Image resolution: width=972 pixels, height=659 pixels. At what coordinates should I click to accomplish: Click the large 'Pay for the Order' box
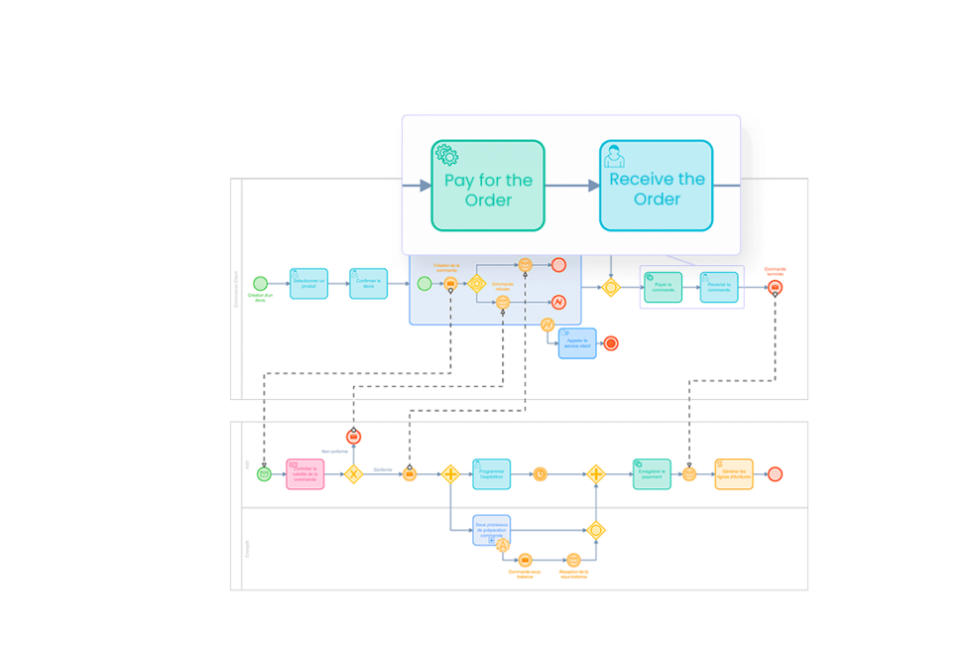click(487, 186)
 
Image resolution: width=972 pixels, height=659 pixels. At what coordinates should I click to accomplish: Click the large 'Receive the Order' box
click(656, 186)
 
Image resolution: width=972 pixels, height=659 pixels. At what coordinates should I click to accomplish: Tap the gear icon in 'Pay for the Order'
click(446, 155)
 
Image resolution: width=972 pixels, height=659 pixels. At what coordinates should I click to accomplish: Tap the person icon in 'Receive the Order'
click(615, 156)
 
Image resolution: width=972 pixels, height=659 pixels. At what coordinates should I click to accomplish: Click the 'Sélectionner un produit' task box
click(308, 284)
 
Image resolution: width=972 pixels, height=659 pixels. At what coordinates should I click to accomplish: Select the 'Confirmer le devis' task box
click(368, 284)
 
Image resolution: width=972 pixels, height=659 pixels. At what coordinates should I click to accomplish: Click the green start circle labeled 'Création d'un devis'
click(261, 284)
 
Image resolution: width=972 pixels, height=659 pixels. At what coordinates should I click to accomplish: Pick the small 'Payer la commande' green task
click(663, 287)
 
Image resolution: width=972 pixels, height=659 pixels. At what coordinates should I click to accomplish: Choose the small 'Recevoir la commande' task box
click(719, 287)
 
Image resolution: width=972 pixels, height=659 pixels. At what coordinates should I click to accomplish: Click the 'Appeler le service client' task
click(577, 343)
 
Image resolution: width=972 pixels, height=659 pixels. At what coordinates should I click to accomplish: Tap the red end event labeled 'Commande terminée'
click(776, 288)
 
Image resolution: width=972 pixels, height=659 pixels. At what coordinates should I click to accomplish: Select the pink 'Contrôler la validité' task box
click(305, 474)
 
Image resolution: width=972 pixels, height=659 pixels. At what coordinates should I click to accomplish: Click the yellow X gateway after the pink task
click(353, 474)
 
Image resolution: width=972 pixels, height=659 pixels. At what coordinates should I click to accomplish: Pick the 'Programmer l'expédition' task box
click(492, 474)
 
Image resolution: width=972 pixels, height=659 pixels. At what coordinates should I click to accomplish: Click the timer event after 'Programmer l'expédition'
click(540, 474)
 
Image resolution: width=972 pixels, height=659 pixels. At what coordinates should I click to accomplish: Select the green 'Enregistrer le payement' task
click(652, 474)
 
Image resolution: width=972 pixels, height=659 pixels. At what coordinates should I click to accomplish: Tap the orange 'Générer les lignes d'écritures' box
click(734, 474)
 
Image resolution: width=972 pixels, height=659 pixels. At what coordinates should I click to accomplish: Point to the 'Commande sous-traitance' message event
click(525, 560)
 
